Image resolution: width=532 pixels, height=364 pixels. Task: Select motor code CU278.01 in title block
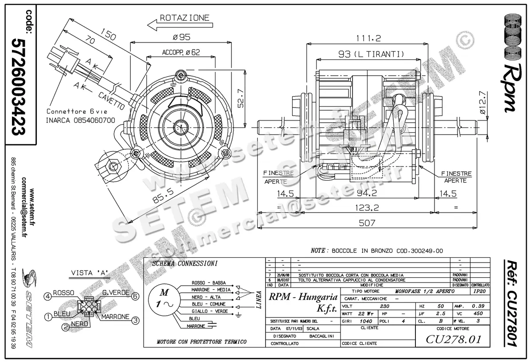click(453, 340)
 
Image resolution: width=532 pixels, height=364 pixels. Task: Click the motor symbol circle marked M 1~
click(164, 298)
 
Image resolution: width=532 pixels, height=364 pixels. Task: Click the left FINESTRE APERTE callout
click(278, 177)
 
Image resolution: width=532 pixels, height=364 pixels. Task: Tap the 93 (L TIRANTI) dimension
click(365, 54)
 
